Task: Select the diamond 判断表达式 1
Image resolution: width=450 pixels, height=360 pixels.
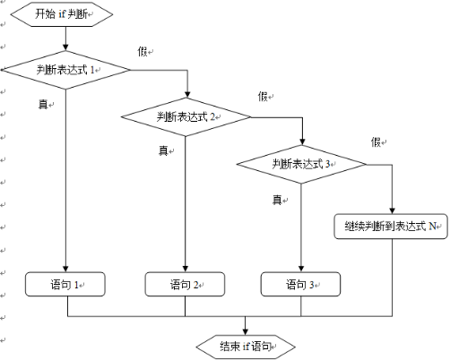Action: tap(66, 69)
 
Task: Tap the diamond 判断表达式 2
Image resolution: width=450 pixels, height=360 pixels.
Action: tap(186, 116)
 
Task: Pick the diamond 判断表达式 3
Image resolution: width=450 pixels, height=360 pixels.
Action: tap(302, 163)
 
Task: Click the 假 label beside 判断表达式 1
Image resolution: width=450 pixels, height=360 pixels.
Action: tap(143, 52)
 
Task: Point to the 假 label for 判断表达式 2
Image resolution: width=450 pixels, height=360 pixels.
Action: tap(263, 97)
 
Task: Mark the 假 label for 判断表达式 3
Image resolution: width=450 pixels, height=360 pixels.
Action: tap(376, 142)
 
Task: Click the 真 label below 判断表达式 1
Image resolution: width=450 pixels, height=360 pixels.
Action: tap(42, 105)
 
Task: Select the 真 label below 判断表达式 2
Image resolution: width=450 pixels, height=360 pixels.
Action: tap(163, 150)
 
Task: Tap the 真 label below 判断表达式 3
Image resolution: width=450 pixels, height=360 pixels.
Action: tap(278, 199)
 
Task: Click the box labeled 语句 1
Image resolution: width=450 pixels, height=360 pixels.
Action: tap(66, 285)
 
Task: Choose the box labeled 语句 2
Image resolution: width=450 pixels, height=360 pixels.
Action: tap(186, 285)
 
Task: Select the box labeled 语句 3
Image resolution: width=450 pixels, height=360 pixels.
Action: tap(302, 285)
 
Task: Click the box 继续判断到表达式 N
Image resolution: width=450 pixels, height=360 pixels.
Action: tap(391, 226)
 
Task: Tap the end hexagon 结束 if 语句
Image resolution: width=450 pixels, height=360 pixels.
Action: tap(245, 346)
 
